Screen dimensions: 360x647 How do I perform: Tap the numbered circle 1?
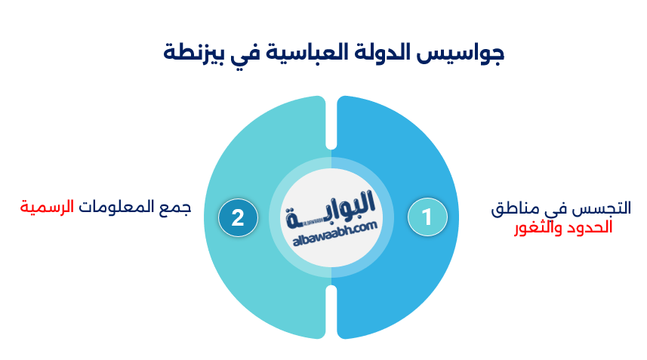427,217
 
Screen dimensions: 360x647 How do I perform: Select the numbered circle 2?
238,217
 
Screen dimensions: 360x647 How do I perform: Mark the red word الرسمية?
47,206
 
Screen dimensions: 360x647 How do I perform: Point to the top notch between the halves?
331,121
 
